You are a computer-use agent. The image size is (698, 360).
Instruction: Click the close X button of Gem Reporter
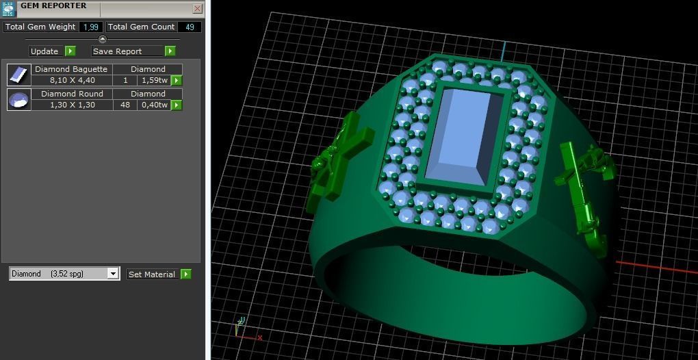tap(197, 9)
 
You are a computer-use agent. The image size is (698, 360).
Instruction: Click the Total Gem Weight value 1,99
tap(90, 27)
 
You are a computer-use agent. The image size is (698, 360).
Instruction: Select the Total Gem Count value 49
tap(190, 27)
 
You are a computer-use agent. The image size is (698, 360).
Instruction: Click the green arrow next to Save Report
tap(170, 51)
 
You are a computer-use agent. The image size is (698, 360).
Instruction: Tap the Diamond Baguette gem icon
tap(19, 75)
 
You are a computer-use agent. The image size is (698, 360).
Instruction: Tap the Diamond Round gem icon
tap(19, 99)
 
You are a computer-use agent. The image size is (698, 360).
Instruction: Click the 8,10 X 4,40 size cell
tap(72, 81)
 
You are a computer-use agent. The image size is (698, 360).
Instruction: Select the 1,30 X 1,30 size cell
tap(72, 105)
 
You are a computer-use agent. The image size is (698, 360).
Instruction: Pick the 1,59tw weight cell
tap(154, 81)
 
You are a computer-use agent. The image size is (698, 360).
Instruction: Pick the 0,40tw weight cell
tap(154, 105)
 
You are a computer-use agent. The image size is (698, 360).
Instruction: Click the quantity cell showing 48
tap(125, 105)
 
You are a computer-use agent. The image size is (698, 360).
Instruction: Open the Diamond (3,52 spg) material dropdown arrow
tap(113, 274)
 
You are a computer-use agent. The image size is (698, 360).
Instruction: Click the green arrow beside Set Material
tap(185, 274)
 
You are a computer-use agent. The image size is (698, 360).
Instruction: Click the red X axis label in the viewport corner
tap(260, 337)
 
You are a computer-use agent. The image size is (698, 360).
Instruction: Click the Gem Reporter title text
tap(53, 6)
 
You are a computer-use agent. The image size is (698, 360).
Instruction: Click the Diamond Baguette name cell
tap(71, 69)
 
